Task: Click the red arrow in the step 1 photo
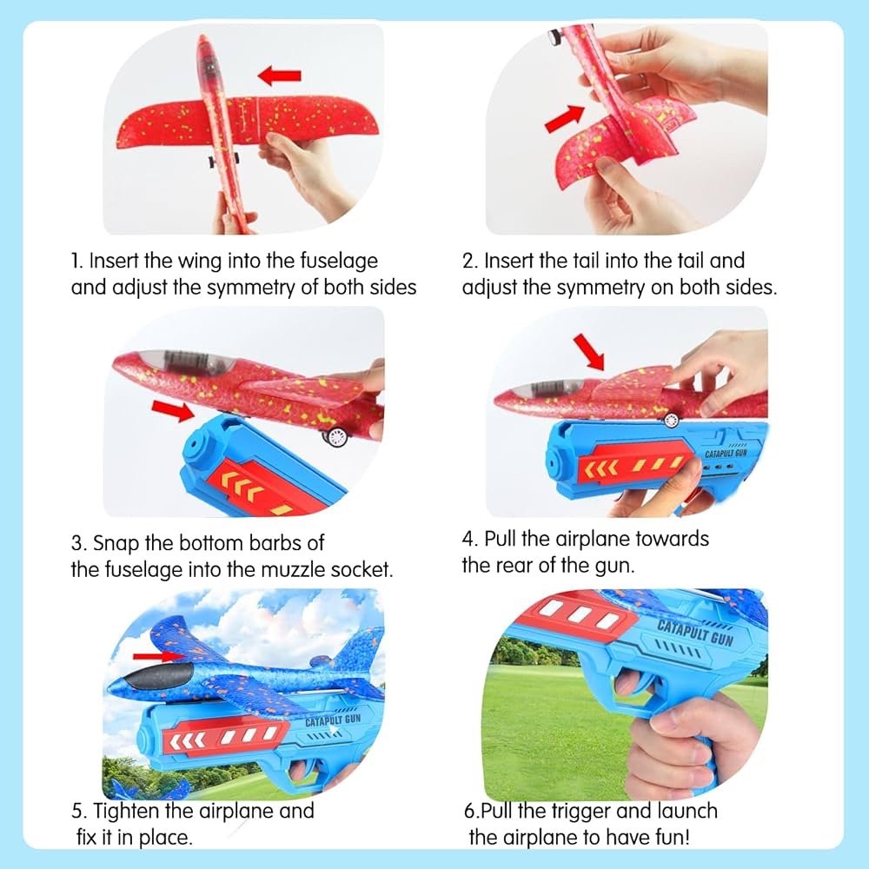click(x=279, y=75)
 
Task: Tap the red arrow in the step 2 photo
click(x=565, y=118)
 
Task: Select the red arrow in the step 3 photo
click(x=172, y=411)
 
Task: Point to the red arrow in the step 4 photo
click(x=589, y=351)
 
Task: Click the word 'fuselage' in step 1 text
click(x=339, y=261)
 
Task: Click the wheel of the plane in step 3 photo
click(x=336, y=437)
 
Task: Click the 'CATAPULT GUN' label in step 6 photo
click(x=695, y=633)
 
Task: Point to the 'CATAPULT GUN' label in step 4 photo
click(x=726, y=454)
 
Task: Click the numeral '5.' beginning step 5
click(x=79, y=812)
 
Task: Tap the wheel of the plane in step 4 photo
click(x=671, y=420)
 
